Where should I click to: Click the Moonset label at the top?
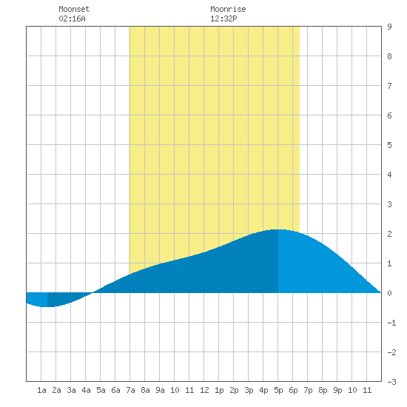(74, 9)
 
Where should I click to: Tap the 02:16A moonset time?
(72, 18)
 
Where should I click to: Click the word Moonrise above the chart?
(228, 9)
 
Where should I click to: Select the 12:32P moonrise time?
(223, 18)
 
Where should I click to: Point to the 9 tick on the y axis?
(389, 27)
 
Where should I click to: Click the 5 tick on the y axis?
(389, 145)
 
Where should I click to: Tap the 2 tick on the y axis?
(389, 234)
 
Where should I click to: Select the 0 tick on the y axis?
(389, 293)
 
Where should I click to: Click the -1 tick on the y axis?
(391, 323)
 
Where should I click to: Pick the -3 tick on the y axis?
(391, 382)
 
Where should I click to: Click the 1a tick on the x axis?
(41, 390)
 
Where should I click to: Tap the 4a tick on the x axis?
(86, 390)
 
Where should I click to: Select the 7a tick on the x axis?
(130, 390)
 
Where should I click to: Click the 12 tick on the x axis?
(204, 390)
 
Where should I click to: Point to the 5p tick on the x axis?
(278, 390)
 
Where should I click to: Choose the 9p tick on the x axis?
(337, 390)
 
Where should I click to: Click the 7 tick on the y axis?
(389, 86)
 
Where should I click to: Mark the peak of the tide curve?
(277, 229)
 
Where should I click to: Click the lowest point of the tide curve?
(47, 307)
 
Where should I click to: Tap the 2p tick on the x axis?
(234, 390)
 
